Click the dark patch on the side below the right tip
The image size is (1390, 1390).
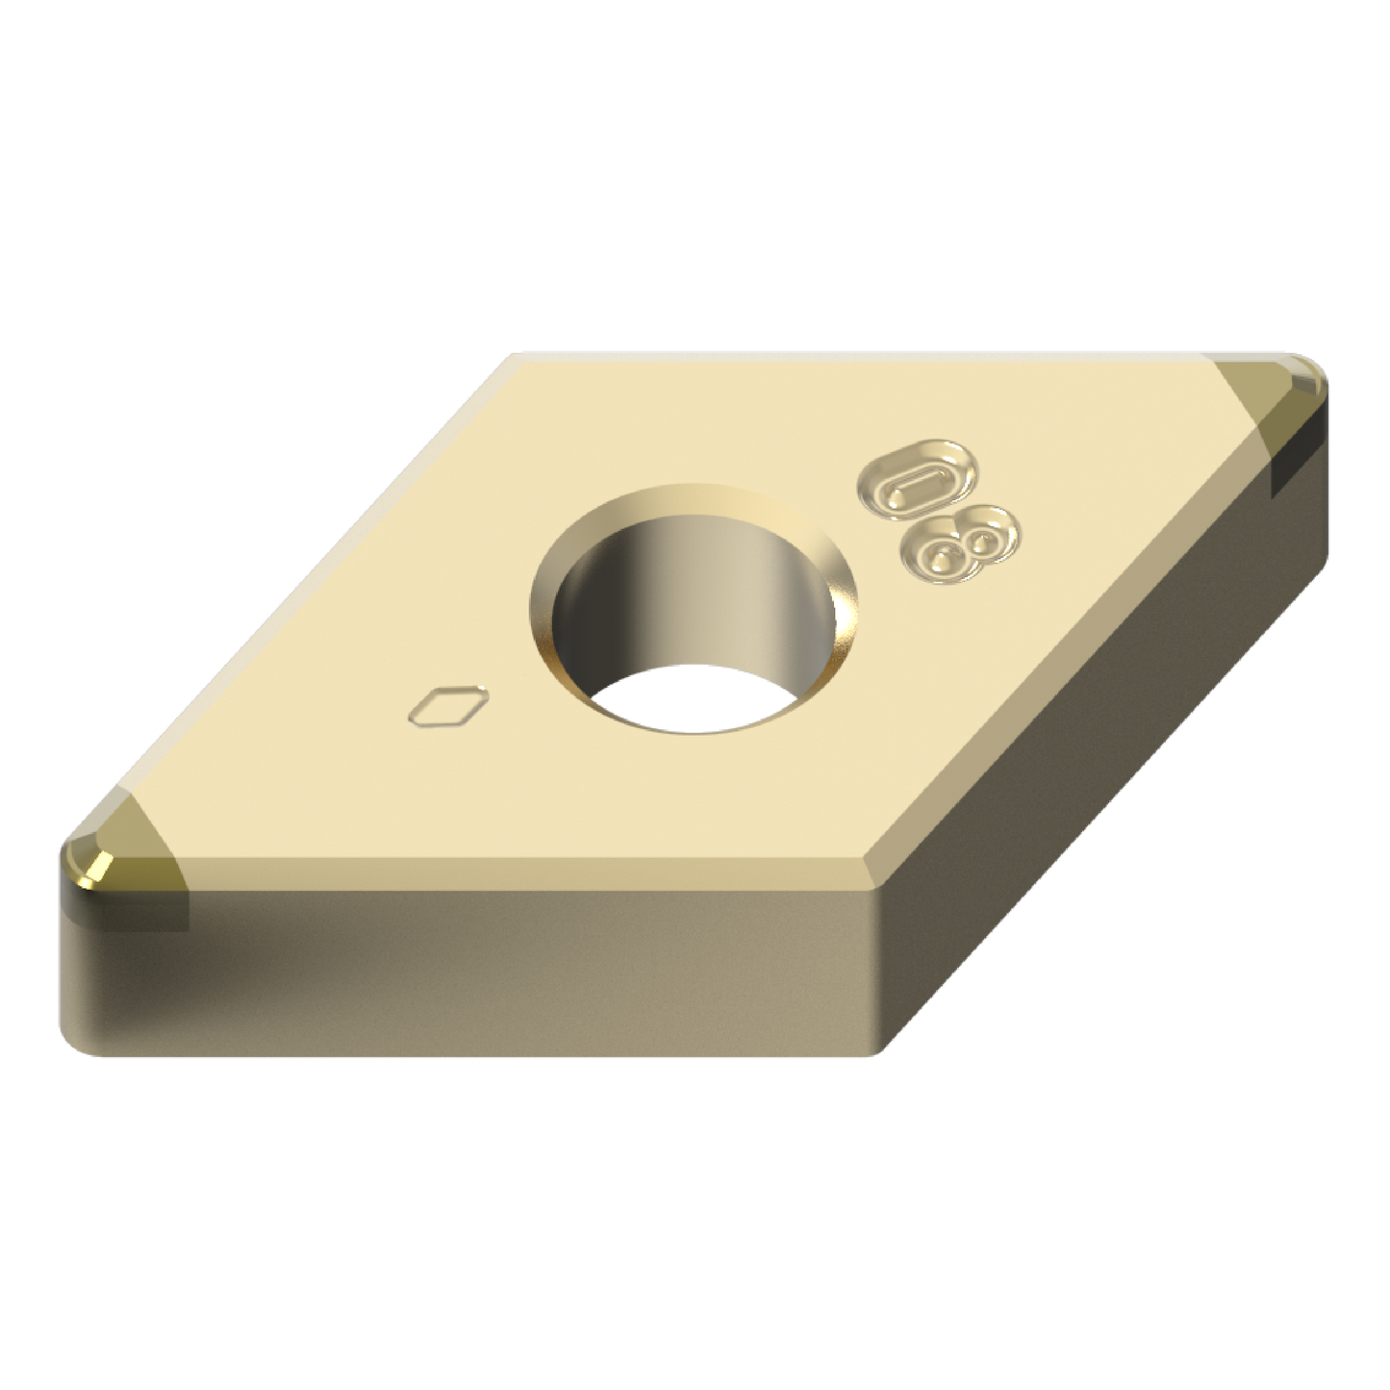pos(1299,462)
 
